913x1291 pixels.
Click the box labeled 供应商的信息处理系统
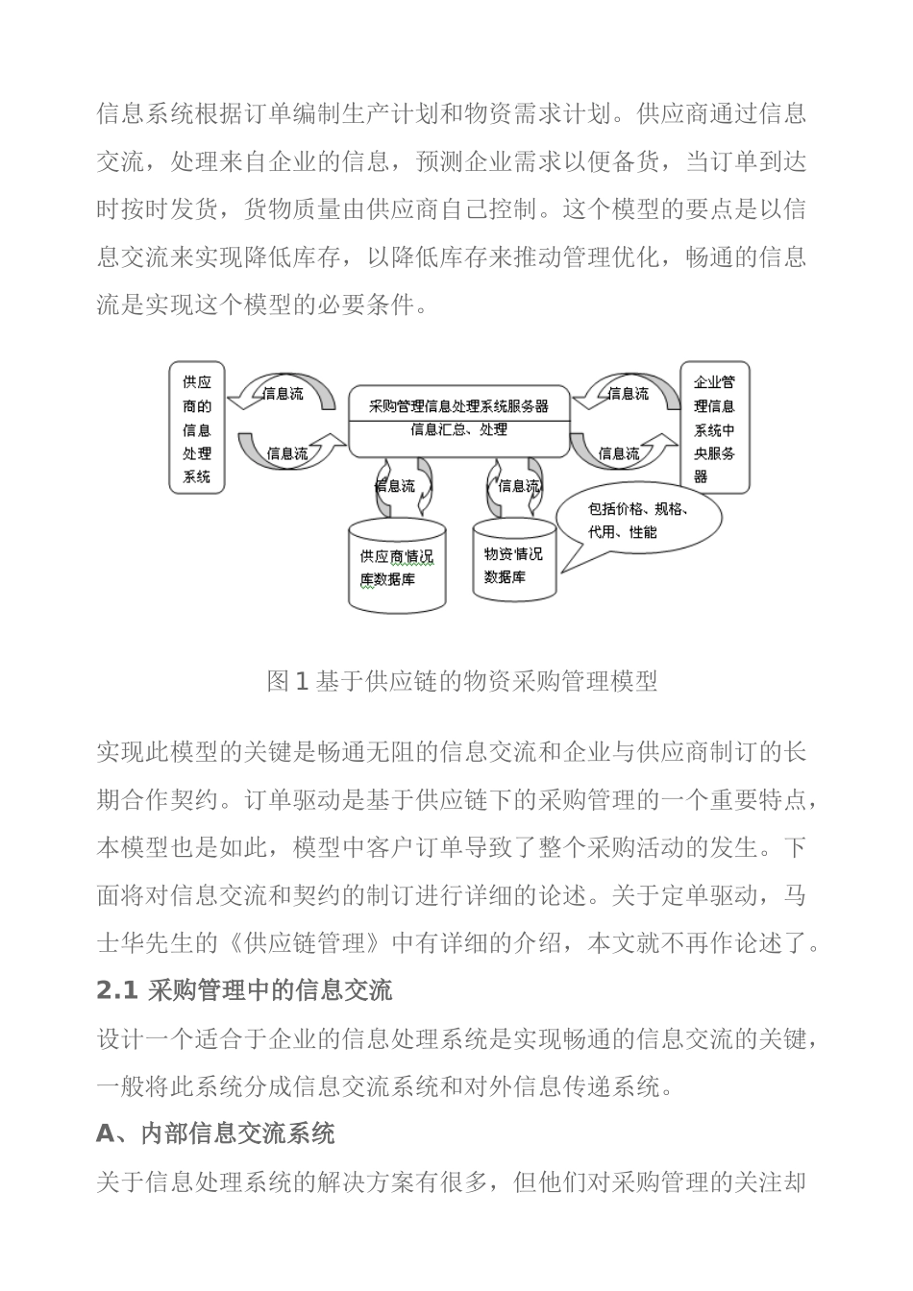click(x=197, y=427)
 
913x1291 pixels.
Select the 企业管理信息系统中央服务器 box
click(x=714, y=428)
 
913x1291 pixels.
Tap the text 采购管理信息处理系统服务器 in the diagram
click(x=458, y=405)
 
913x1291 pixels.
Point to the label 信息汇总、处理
click(x=458, y=429)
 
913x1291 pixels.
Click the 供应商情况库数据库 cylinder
click(x=397, y=567)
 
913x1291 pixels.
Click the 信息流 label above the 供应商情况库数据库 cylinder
click(x=395, y=486)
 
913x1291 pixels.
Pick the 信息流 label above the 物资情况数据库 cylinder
click(x=518, y=486)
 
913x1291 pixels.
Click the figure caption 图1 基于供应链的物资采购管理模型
click(x=462, y=682)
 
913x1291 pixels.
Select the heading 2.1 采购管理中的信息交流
click(x=244, y=990)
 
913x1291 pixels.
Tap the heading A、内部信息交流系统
click(x=215, y=1133)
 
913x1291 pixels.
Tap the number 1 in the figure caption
click(x=301, y=682)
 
